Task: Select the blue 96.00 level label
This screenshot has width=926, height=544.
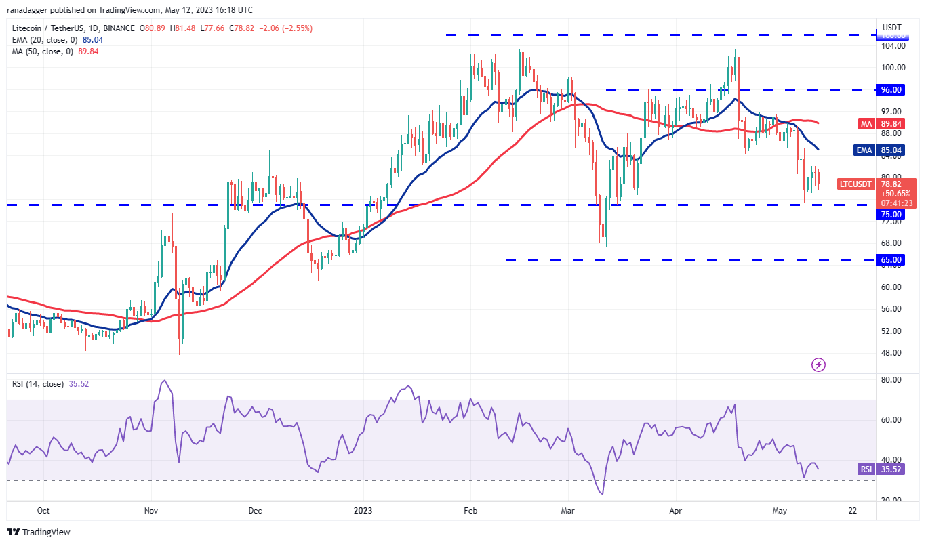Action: click(x=891, y=89)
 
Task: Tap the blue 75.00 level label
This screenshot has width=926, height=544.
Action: click(x=891, y=214)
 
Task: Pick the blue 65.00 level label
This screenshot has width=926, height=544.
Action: click(x=891, y=259)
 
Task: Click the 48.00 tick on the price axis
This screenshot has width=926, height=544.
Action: click(x=891, y=352)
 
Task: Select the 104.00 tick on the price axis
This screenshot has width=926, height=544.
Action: click(x=891, y=45)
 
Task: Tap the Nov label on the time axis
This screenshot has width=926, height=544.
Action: click(x=151, y=511)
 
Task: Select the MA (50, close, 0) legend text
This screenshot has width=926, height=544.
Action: click(x=42, y=51)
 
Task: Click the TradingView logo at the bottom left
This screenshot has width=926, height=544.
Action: click(x=39, y=532)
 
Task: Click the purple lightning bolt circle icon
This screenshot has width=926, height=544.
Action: click(x=818, y=364)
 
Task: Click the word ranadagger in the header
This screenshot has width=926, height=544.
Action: click(x=32, y=10)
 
